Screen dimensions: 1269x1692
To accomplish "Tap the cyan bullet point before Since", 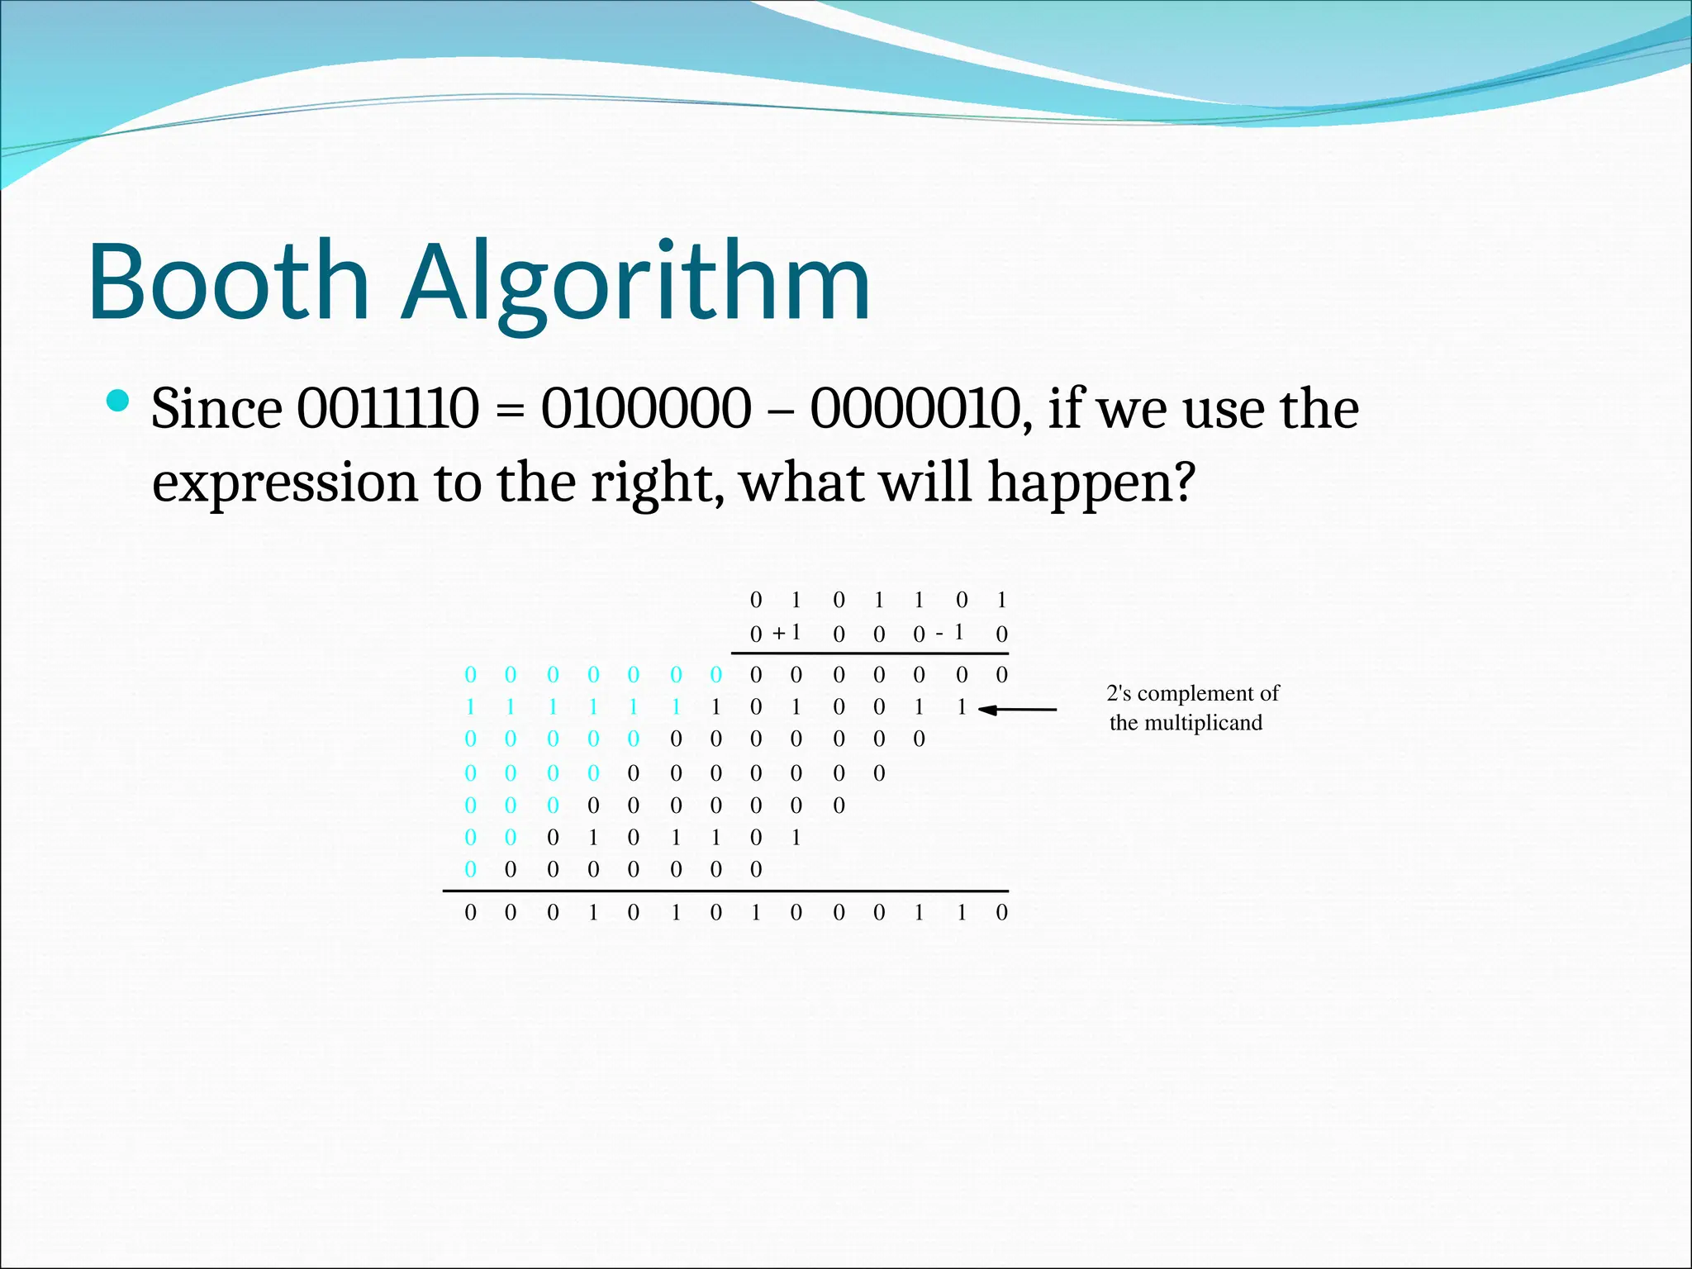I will pyautogui.click(x=119, y=402).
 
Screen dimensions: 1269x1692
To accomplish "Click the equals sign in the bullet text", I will pyautogui.click(x=510, y=411).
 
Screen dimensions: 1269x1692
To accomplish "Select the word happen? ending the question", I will pyautogui.click(x=1091, y=483).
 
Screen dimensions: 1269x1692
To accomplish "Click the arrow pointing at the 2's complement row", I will pyautogui.click(x=1018, y=709).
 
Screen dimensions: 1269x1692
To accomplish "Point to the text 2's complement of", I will pyautogui.click(x=1192, y=693).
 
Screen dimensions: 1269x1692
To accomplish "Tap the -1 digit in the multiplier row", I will pyautogui.click(x=952, y=633).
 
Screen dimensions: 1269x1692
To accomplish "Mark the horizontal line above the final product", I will pyautogui.click(x=725, y=891).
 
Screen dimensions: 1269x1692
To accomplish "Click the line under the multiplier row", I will pyautogui.click(x=869, y=654).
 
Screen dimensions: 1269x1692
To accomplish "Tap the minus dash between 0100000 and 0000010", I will pyautogui.click(x=781, y=411).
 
